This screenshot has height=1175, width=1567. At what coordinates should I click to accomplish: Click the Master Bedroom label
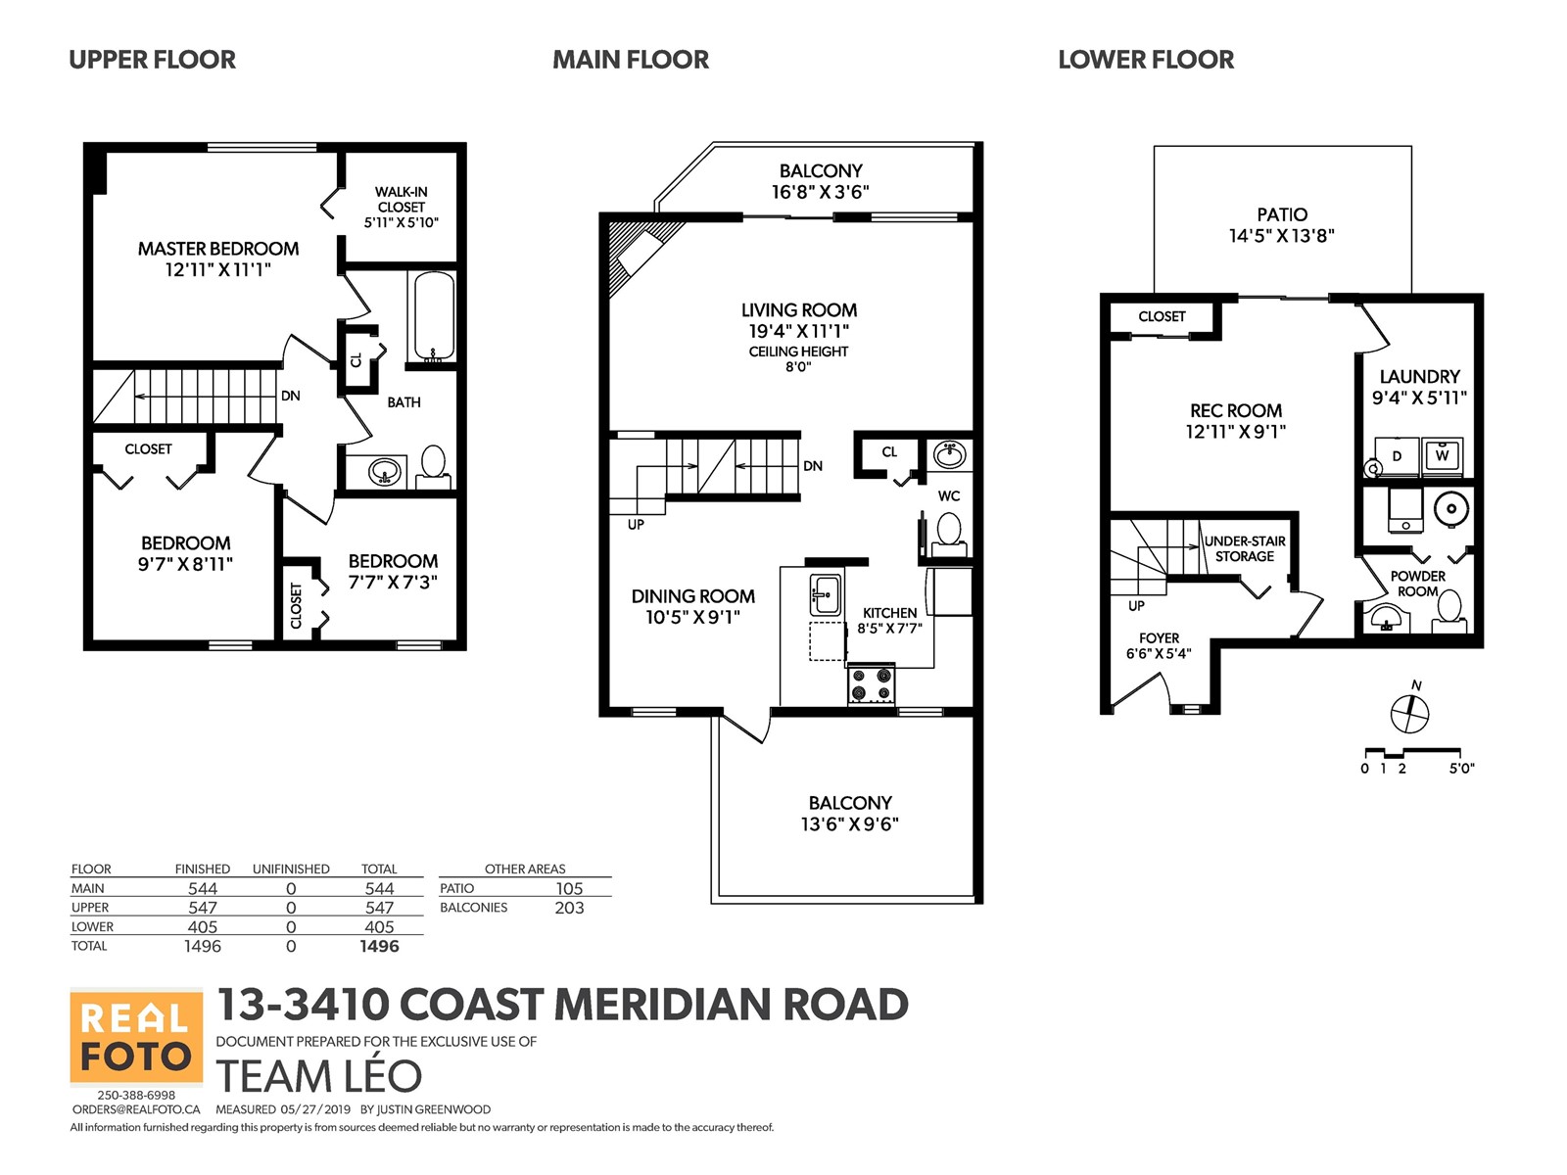tap(217, 258)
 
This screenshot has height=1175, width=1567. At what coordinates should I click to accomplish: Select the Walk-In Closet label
tap(402, 207)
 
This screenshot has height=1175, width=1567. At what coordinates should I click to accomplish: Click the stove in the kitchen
tap(871, 683)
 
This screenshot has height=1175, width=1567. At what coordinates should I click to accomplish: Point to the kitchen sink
tap(826, 594)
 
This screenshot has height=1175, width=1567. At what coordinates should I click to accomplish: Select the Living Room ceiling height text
tap(798, 358)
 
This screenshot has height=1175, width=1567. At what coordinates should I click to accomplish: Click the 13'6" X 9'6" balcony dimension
tap(849, 824)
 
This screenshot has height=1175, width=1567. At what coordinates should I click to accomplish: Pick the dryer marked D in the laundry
tap(1397, 456)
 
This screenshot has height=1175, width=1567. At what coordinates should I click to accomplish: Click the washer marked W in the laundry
tap(1442, 456)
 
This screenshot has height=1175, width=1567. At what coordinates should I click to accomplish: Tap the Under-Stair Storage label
tap(1245, 548)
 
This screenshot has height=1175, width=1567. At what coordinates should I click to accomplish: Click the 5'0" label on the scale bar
tap(1461, 769)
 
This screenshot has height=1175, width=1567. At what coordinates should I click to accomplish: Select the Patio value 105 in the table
tap(569, 888)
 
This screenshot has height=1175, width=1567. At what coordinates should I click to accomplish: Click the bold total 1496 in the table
tap(379, 946)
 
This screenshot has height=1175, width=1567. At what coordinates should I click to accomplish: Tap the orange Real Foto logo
tap(135, 1037)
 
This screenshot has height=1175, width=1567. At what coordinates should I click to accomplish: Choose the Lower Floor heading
tap(1146, 59)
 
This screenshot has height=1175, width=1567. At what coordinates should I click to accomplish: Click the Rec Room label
tap(1235, 421)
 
